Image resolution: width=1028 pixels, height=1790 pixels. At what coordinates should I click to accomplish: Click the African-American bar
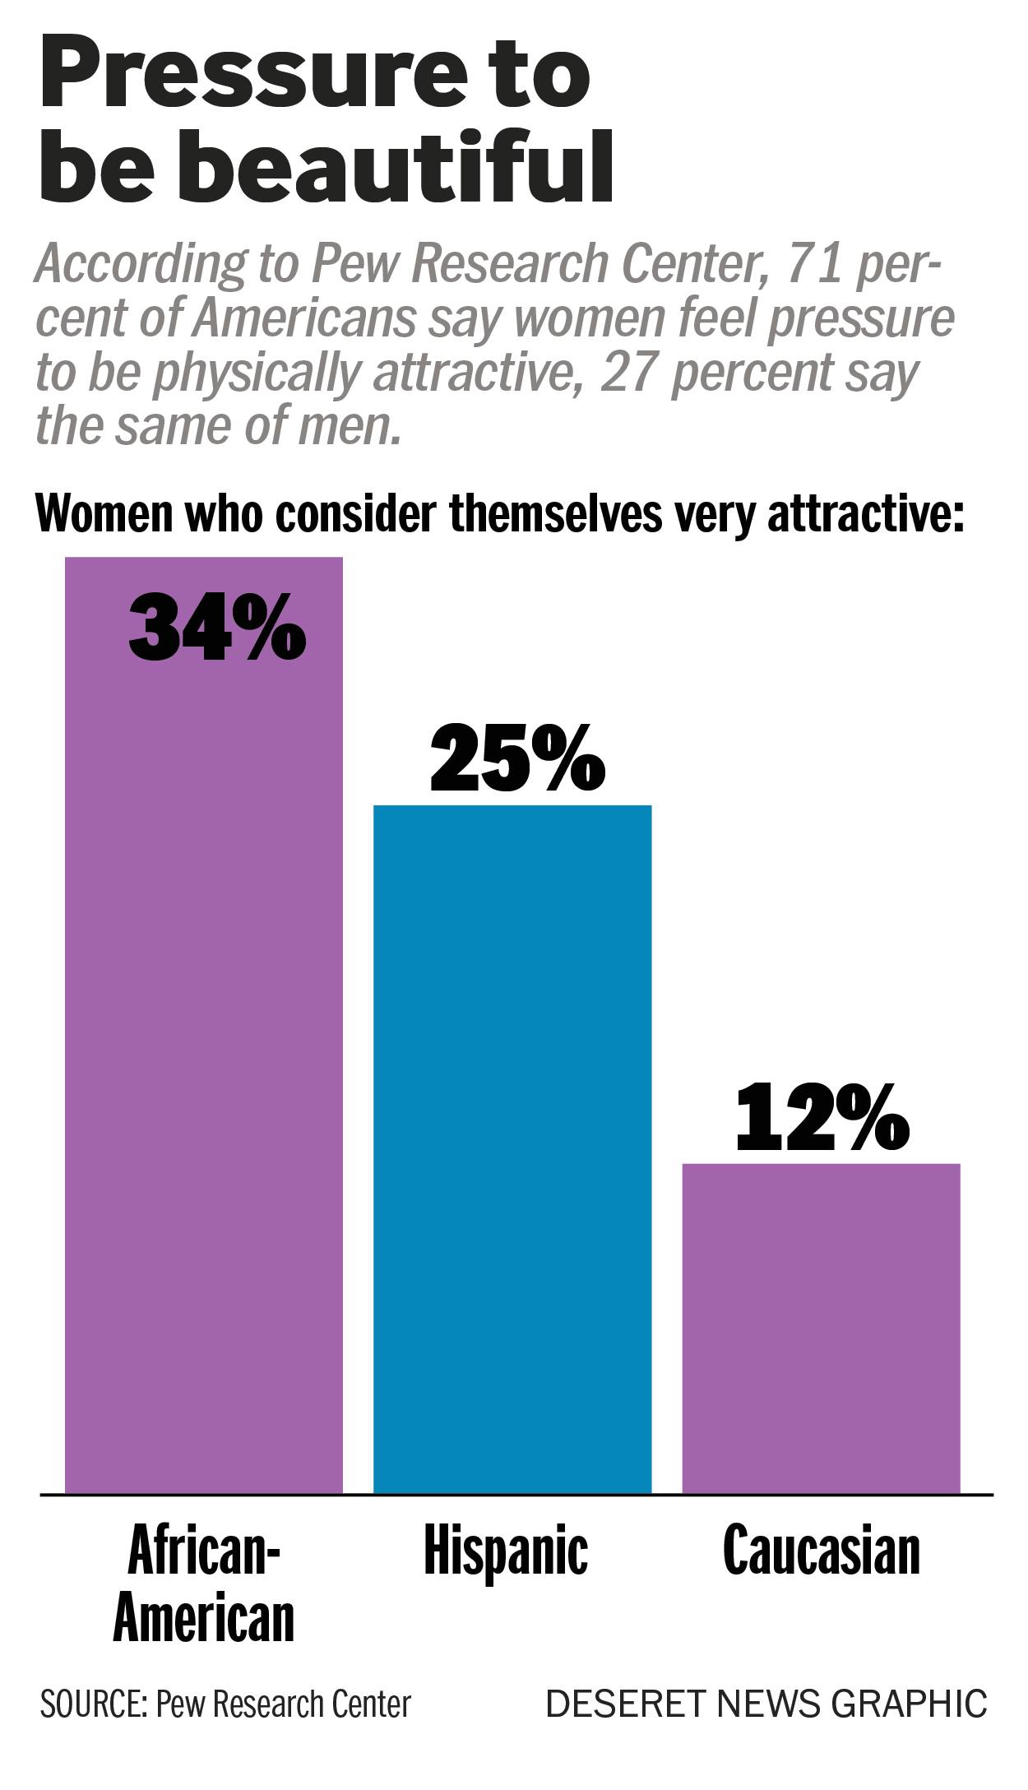point(204,1028)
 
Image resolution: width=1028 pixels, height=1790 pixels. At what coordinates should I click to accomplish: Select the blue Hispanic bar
point(512,1152)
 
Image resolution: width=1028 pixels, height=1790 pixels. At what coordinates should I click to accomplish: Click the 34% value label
point(218,628)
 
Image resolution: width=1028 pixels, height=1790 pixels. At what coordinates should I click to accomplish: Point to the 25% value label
point(518,759)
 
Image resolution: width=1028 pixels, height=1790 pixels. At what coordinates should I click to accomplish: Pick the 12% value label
point(822,1119)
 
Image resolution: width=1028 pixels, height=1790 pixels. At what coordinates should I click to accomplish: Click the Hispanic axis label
point(506,1551)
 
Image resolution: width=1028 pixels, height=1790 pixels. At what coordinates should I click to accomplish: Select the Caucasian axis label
point(822,1551)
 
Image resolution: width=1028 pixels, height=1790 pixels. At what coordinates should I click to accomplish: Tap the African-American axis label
point(204,1584)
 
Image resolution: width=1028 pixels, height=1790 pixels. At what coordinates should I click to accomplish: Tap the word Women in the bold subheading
point(104,514)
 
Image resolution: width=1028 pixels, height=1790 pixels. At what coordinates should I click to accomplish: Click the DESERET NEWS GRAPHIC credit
point(766,1704)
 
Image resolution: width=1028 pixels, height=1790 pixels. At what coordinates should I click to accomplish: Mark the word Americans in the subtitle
point(305,318)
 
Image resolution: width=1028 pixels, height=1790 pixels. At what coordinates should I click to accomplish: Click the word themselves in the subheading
point(555,514)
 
